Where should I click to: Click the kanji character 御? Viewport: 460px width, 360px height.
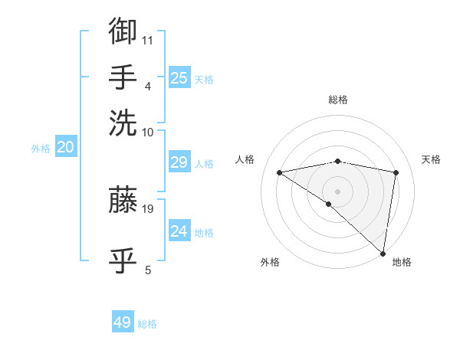coord(123,31)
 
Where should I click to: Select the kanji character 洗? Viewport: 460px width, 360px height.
coord(123,122)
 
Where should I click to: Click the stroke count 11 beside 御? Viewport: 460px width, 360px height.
coord(148,39)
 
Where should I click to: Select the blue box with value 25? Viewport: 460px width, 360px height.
coord(179,77)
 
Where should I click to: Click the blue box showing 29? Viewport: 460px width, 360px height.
coord(179,162)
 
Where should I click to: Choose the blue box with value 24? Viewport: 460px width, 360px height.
coord(179,231)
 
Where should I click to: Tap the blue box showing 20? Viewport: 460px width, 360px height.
coord(65,148)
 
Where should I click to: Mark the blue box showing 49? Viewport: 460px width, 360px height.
coord(123,322)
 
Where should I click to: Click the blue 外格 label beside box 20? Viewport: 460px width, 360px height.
coord(41,149)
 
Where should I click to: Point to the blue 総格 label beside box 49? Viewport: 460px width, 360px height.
coord(147,324)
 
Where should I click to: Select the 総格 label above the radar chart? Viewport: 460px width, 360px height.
coord(337,100)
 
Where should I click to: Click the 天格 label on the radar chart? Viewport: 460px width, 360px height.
coord(432,159)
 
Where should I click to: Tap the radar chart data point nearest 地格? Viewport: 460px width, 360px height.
coord(383,252)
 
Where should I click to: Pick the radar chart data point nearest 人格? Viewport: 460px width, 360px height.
coord(279,172)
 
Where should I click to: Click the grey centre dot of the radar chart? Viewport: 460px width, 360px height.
coord(337,191)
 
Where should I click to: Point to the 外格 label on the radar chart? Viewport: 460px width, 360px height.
coord(270,263)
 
